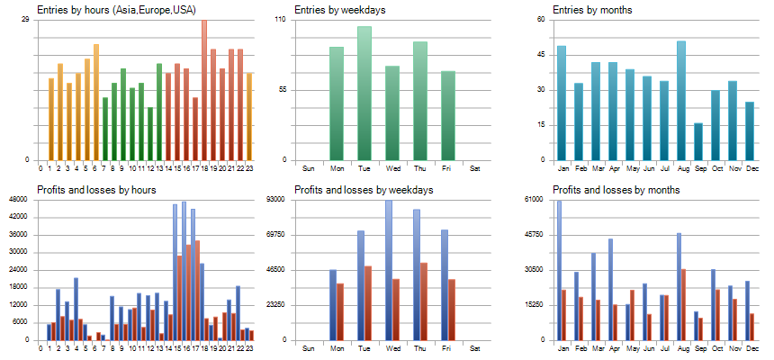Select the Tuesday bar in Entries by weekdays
click(x=364, y=94)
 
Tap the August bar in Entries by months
click(x=681, y=101)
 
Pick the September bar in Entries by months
click(x=698, y=141)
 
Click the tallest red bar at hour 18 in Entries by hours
click(x=203, y=90)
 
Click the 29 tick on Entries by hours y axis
click(x=23, y=20)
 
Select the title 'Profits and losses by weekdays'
click(x=364, y=190)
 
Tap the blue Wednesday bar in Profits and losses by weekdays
click(x=389, y=270)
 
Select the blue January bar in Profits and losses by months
click(x=559, y=270)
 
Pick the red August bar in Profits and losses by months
click(x=684, y=304)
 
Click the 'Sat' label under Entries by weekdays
click(x=475, y=168)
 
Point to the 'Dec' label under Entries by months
click(x=750, y=168)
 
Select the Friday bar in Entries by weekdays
click(x=448, y=115)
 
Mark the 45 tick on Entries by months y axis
click(x=542, y=55)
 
